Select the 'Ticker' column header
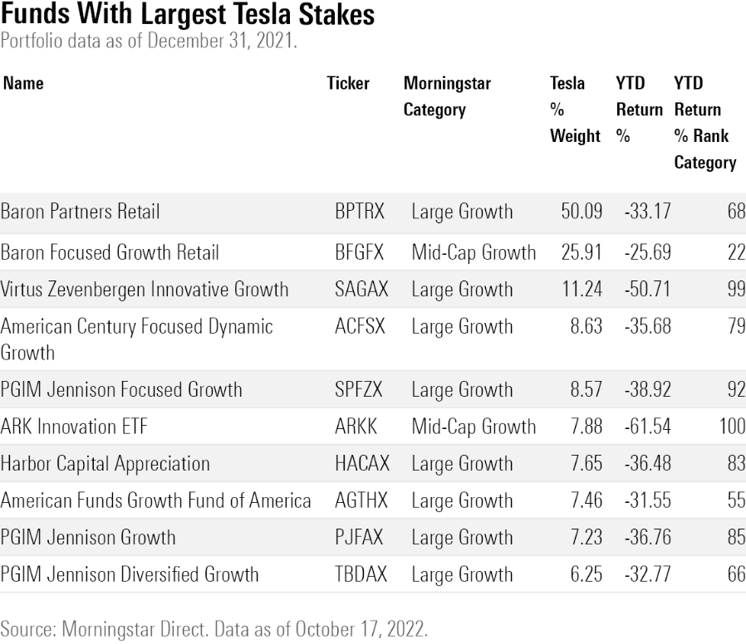click(348, 84)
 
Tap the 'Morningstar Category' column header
click(447, 96)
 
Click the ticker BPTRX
click(359, 212)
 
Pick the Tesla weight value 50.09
click(582, 212)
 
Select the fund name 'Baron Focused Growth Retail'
click(110, 251)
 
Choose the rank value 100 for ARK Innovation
click(731, 427)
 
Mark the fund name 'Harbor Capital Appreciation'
click(105, 464)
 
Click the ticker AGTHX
click(360, 500)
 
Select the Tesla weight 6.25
click(586, 574)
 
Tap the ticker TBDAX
click(360, 574)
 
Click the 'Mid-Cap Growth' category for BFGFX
click(474, 251)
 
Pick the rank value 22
click(736, 251)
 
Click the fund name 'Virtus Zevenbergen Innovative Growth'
click(145, 290)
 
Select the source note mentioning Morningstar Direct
click(213, 628)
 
